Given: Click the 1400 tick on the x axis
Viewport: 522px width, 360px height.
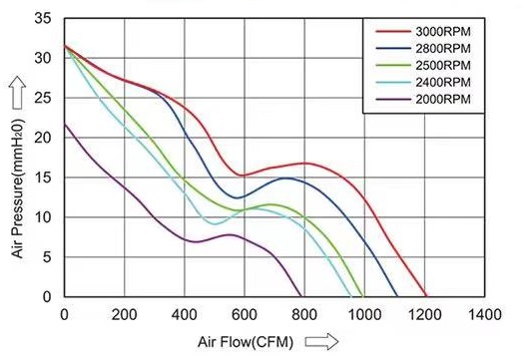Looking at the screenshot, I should [484, 314].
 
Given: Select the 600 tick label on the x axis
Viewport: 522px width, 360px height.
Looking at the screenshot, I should [245, 314].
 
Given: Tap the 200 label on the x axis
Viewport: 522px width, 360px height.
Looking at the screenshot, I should [125, 314].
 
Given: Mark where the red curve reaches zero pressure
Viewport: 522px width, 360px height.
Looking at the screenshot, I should [426, 296].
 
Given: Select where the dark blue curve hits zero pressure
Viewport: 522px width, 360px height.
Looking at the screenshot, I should [397, 296].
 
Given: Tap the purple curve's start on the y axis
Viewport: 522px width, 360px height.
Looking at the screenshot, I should [65, 124].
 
